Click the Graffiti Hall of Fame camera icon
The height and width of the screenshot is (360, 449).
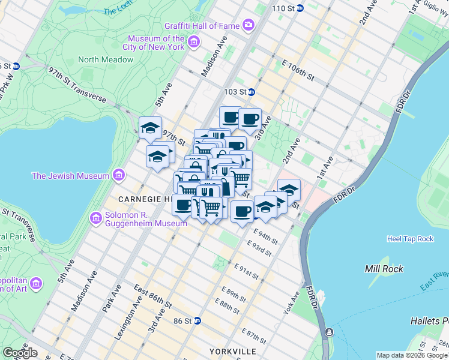coord(248,25)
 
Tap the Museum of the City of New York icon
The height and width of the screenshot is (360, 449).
coord(193,41)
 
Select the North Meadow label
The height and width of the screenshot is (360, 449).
coord(105,59)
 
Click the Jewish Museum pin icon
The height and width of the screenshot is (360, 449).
coord(118,175)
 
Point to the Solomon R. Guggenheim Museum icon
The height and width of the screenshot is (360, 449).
coord(95,218)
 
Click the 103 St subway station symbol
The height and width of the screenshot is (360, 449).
coord(252,92)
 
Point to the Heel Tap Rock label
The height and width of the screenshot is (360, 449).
coord(410,239)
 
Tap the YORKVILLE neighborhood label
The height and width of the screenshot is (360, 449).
coord(233,351)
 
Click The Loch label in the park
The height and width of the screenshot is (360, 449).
coord(116,10)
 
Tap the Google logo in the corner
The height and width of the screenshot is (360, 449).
coord(19,353)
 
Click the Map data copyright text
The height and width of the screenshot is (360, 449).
coord(412,355)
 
